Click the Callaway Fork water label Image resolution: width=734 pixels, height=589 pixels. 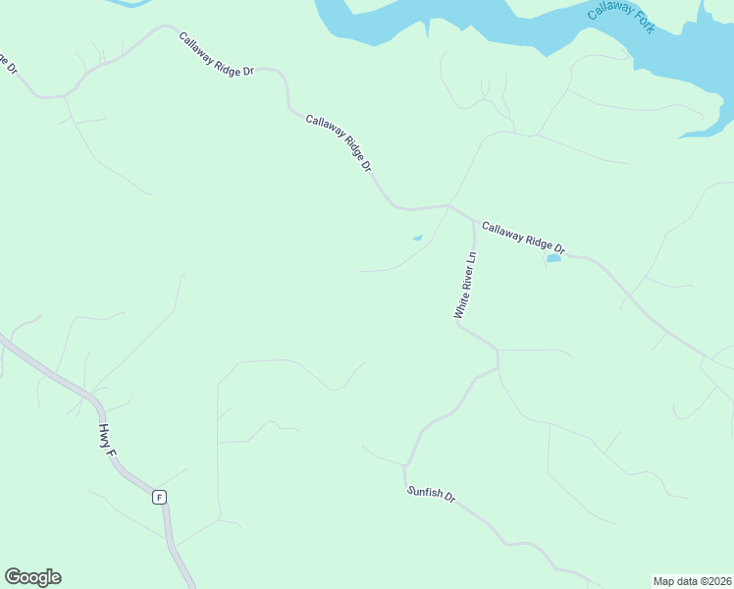pyautogui.click(x=620, y=18)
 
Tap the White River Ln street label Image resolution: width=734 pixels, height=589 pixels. pyautogui.click(x=465, y=286)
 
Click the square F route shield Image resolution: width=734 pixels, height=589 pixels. pyautogui.click(x=159, y=497)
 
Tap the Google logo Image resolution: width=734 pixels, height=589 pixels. pyautogui.click(x=32, y=577)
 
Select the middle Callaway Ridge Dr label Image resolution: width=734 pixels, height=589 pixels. pyautogui.click(x=340, y=143)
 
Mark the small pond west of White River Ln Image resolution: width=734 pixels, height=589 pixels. pyautogui.click(x=417, y=238)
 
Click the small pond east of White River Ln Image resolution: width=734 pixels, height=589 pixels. pyautogui.click(x=553, y=258)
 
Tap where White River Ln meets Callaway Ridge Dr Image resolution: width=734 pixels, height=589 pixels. pyautogui.click(x=474, y=222)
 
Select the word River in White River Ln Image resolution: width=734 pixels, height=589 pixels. pyautogui.click(x=465, y=283)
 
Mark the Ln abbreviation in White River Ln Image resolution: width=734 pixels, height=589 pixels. pyautogui.click(x=471, y=259)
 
